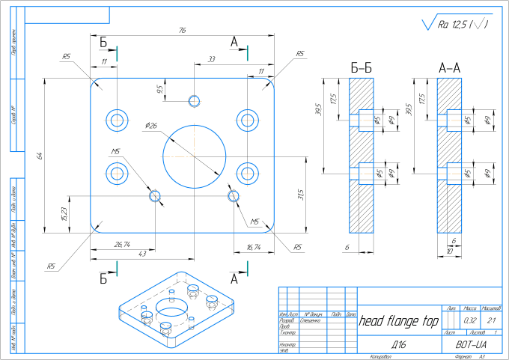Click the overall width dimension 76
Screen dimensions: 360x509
[182, 31]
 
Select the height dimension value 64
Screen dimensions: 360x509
[40, 156]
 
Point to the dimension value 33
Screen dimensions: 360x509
[212, 58]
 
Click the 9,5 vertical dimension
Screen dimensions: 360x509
[159, 89]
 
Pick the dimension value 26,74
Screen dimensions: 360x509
[121, 244]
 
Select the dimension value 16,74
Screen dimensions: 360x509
[254, 246]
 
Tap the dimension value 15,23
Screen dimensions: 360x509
[64, 213]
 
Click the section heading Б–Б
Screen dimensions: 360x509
[362, 68]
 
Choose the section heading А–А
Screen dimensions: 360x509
[449, 68]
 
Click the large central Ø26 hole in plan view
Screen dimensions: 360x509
[194, 150]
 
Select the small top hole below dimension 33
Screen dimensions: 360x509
[195, 101]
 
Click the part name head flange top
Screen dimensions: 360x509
[399, 322]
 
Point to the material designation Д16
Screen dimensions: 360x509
[398, 345]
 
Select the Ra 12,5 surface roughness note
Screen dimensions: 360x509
[457, 25]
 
